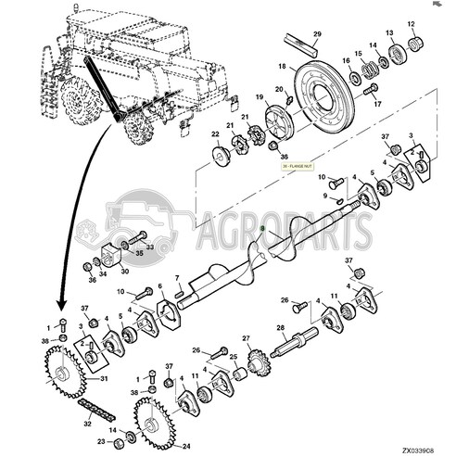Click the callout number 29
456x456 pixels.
[316, 35]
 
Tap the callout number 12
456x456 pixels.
[411, 23]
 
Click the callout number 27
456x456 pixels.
[246, 337]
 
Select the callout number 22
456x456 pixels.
[215, 134]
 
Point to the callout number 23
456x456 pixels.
[102, 442]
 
